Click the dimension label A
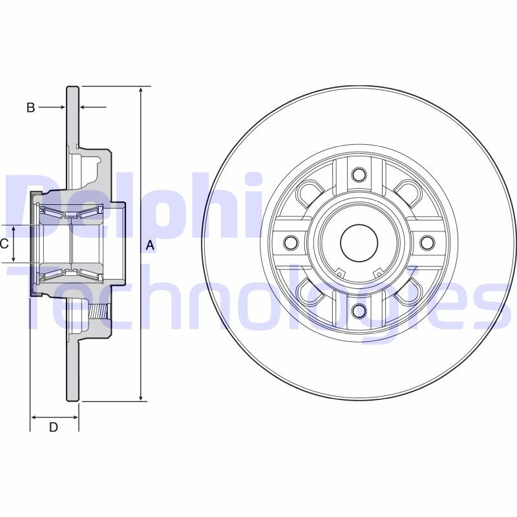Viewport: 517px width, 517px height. pos(150,245)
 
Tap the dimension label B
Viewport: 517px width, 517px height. pos(30,108)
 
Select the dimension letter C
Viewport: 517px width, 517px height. pos(4,244)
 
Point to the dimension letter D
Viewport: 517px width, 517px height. pos(54,427)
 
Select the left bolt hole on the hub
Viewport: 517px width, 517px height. pos(290,243)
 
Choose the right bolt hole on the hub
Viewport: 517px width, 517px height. pos(427,243)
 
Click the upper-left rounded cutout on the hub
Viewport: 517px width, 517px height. pos(310,193)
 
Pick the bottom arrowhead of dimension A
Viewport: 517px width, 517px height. pos(141,396)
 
